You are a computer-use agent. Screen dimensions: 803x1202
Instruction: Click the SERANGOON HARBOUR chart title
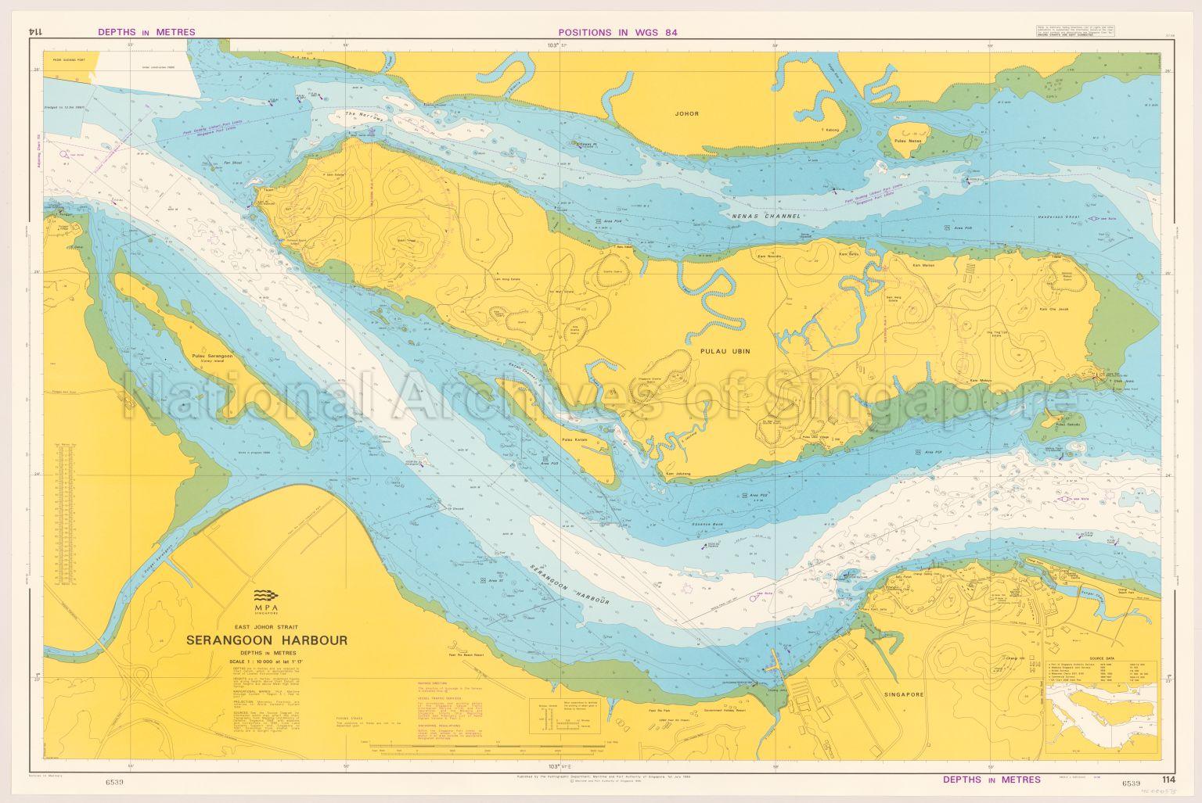tap(266, 640)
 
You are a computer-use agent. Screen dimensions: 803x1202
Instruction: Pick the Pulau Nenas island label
tap(908, 142)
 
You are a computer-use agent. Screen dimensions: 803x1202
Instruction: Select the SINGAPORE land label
tap(906, 694)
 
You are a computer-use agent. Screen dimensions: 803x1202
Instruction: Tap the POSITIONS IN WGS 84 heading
tap(617, 33)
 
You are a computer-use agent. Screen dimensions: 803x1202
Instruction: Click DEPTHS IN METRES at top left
tap(146, 33)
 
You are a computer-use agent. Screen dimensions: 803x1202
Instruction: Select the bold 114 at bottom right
tap(1168, 780)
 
